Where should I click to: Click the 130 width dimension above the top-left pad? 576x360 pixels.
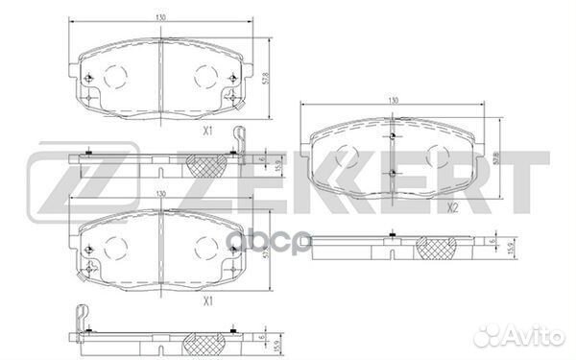160,17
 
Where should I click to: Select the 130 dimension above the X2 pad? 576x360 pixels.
393,100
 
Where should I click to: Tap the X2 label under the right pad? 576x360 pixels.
452,208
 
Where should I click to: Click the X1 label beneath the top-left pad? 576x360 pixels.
208,131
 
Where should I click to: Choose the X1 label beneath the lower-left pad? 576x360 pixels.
208,301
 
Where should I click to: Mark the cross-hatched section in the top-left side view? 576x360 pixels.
206,166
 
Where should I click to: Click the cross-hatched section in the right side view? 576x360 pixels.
437,249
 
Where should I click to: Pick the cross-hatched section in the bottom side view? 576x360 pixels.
204,345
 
